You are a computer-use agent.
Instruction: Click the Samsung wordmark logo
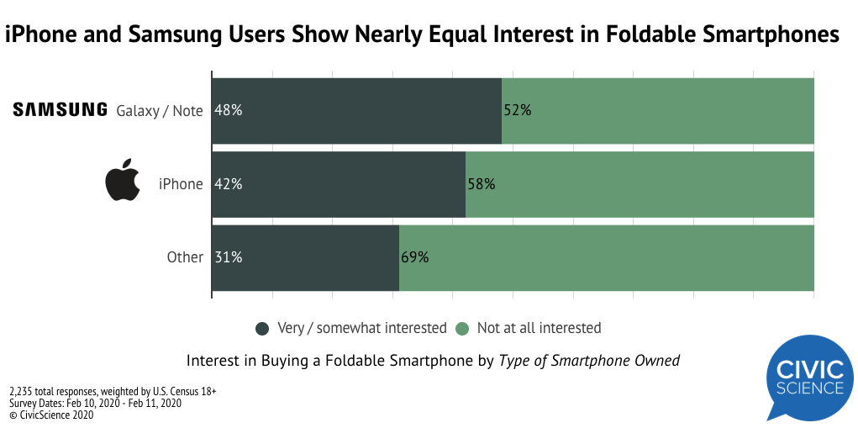(60, 109)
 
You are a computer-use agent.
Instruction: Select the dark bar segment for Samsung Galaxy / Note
(356, 110)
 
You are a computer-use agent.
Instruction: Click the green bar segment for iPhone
(639, 183)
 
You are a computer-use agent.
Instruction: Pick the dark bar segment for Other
(305, 257)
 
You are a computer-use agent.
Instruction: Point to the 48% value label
(229, 110)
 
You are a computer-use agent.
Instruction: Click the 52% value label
(517, 110)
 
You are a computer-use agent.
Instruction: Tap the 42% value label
(229, 183)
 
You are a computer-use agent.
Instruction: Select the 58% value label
(481, 183)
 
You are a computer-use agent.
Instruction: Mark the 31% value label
(229, 257)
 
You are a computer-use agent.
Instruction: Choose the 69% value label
(414, 257)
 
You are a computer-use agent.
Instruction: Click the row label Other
(185, 257)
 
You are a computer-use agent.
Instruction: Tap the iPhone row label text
(181, 183)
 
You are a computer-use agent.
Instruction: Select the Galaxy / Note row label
(160, 110)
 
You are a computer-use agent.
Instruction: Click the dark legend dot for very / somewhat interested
(262, 328)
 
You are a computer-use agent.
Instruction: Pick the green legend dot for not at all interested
(461, 328)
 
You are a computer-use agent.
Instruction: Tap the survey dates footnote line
(96, 403)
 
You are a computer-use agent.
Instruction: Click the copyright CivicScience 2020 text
(51, 415)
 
